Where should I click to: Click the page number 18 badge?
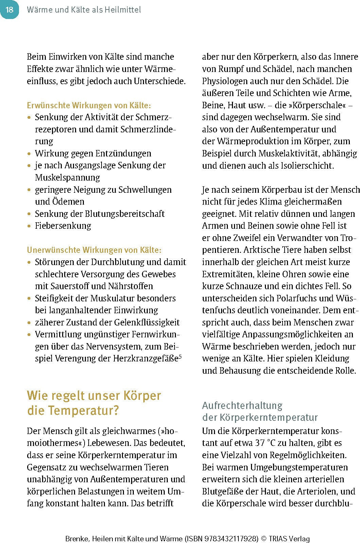(x=9, y=10)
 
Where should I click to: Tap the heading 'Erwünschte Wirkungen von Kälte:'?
(x=89, y=105)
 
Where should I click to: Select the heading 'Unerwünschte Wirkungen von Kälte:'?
(x=94, y=250)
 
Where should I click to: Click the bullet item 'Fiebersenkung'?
(x=63, y=226)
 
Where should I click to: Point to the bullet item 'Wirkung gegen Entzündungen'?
(x=93, y=153)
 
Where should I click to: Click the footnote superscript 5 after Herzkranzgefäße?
(x=180, y=356)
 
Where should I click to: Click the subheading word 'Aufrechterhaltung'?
(x=242, y=405)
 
